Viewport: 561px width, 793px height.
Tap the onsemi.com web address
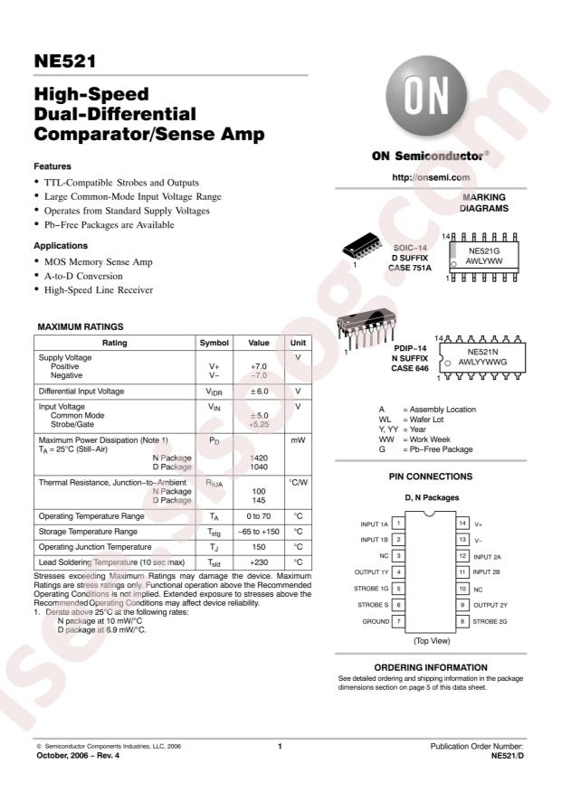[x=431, y=178]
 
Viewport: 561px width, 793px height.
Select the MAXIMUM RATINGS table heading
[x=80, y=326]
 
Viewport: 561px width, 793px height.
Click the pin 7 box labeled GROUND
[x=398, y=621]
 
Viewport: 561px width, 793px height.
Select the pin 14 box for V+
[x=461, y=524]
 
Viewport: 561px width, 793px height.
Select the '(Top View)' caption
[x=431, y=640]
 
